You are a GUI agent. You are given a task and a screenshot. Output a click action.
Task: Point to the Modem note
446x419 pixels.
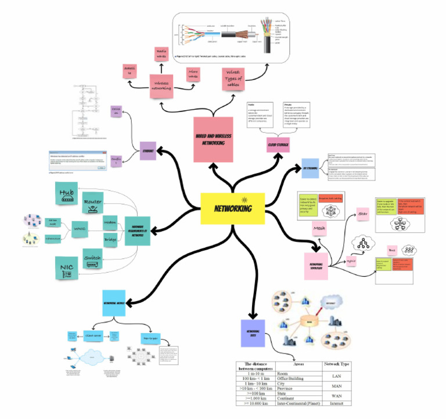[110, 222]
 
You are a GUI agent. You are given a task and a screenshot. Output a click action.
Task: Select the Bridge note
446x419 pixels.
[110, 239]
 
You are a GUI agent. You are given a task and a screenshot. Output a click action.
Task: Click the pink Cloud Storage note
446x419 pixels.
[278, 143]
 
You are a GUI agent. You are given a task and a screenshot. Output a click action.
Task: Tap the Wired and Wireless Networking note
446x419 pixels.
[213, 139]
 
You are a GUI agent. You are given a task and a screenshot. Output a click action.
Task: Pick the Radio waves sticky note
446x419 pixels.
[162, 55]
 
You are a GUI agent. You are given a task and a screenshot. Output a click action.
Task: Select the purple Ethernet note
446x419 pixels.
[148, 151]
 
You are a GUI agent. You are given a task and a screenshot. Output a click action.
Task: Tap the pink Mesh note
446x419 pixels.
[319, 227]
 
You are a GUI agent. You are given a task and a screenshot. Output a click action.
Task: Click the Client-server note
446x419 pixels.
[94, 335]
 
